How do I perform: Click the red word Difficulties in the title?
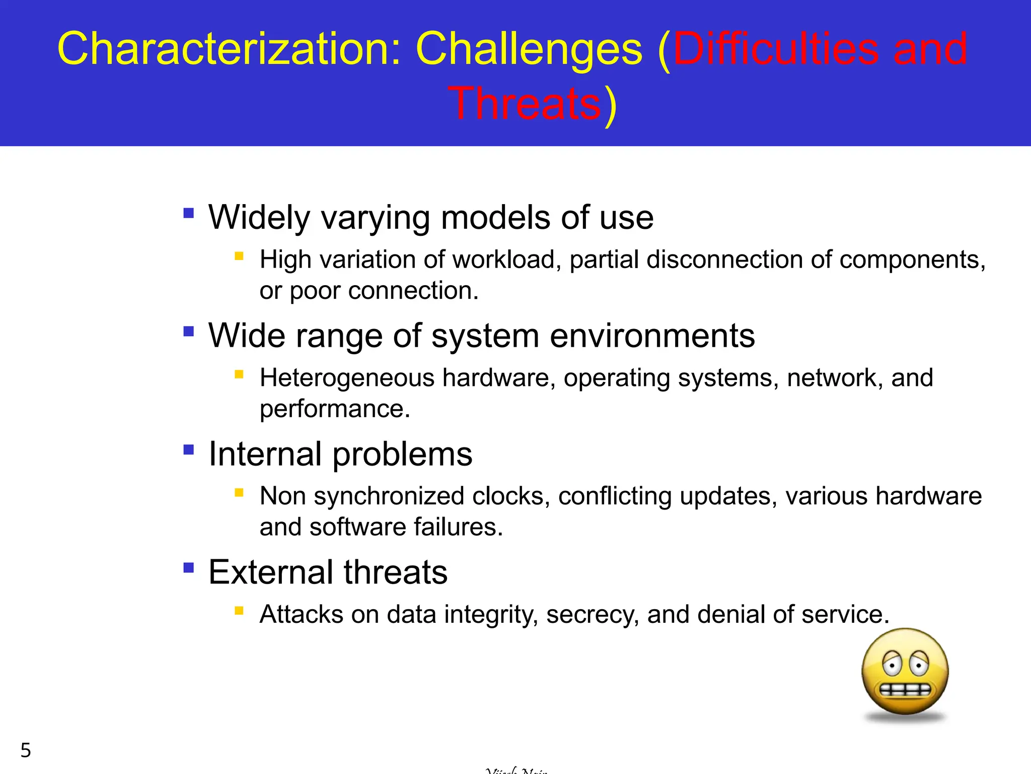pos(776,49)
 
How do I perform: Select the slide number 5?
pos(26,750)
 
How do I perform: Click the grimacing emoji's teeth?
pos(905,690)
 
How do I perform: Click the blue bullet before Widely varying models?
pos(189,213)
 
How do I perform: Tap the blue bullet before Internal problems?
pos(189,449)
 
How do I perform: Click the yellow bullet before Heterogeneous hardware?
pos(239,374)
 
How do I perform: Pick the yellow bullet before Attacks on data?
pos(239,611)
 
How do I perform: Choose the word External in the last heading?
pos(271,572)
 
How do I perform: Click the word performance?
pos(334,409)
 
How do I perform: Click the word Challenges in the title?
pos(529,49)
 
